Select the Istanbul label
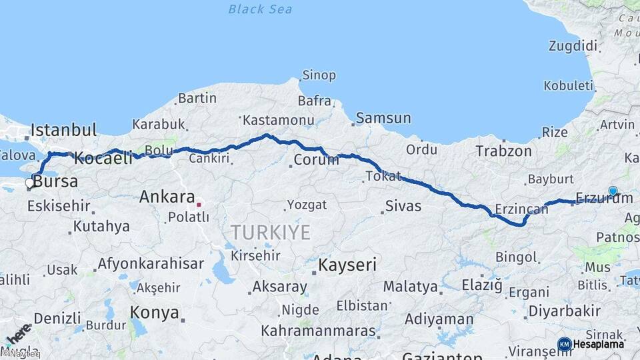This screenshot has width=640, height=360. pyautogui.click(x=64, y=129)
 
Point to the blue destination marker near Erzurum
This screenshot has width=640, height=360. pyautogui.click(x=613, y=191)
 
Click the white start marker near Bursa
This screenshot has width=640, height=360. pyautogui.click(x=29, y=182)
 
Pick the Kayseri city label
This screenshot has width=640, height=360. pyautogui.click(x=347, y=265)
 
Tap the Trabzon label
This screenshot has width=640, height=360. pyautogui.click(x=504, y=151)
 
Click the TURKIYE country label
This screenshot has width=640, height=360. pyautogui.click(x=271, y=233)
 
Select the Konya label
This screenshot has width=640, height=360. pyautogui.click(x=155, y=312)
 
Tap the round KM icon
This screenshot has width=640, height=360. pyautogui.click(x=564, y=344)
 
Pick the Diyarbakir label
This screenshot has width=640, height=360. pyautogui.click(x=564, y=311)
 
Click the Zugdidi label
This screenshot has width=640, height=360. pyautogui.click(x=573, y=46)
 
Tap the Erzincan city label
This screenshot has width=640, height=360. pyautogui.click(x=521, y=209)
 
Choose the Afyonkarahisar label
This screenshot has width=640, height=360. pyautogui.click(x=151, y=263)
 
